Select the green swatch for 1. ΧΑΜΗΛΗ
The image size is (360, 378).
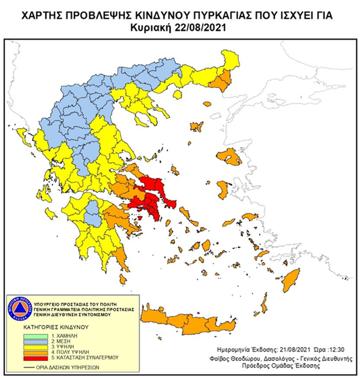click(36, 335)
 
